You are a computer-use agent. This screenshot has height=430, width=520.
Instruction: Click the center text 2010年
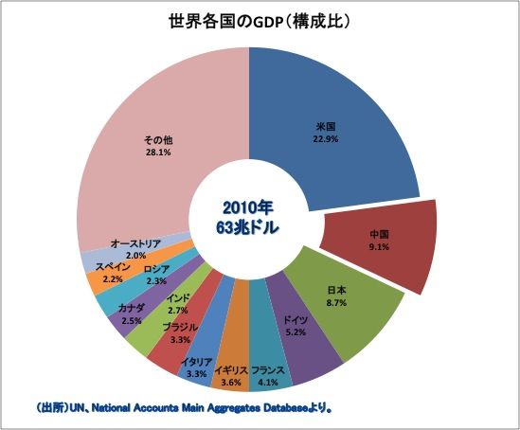[x=248, y=206]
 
